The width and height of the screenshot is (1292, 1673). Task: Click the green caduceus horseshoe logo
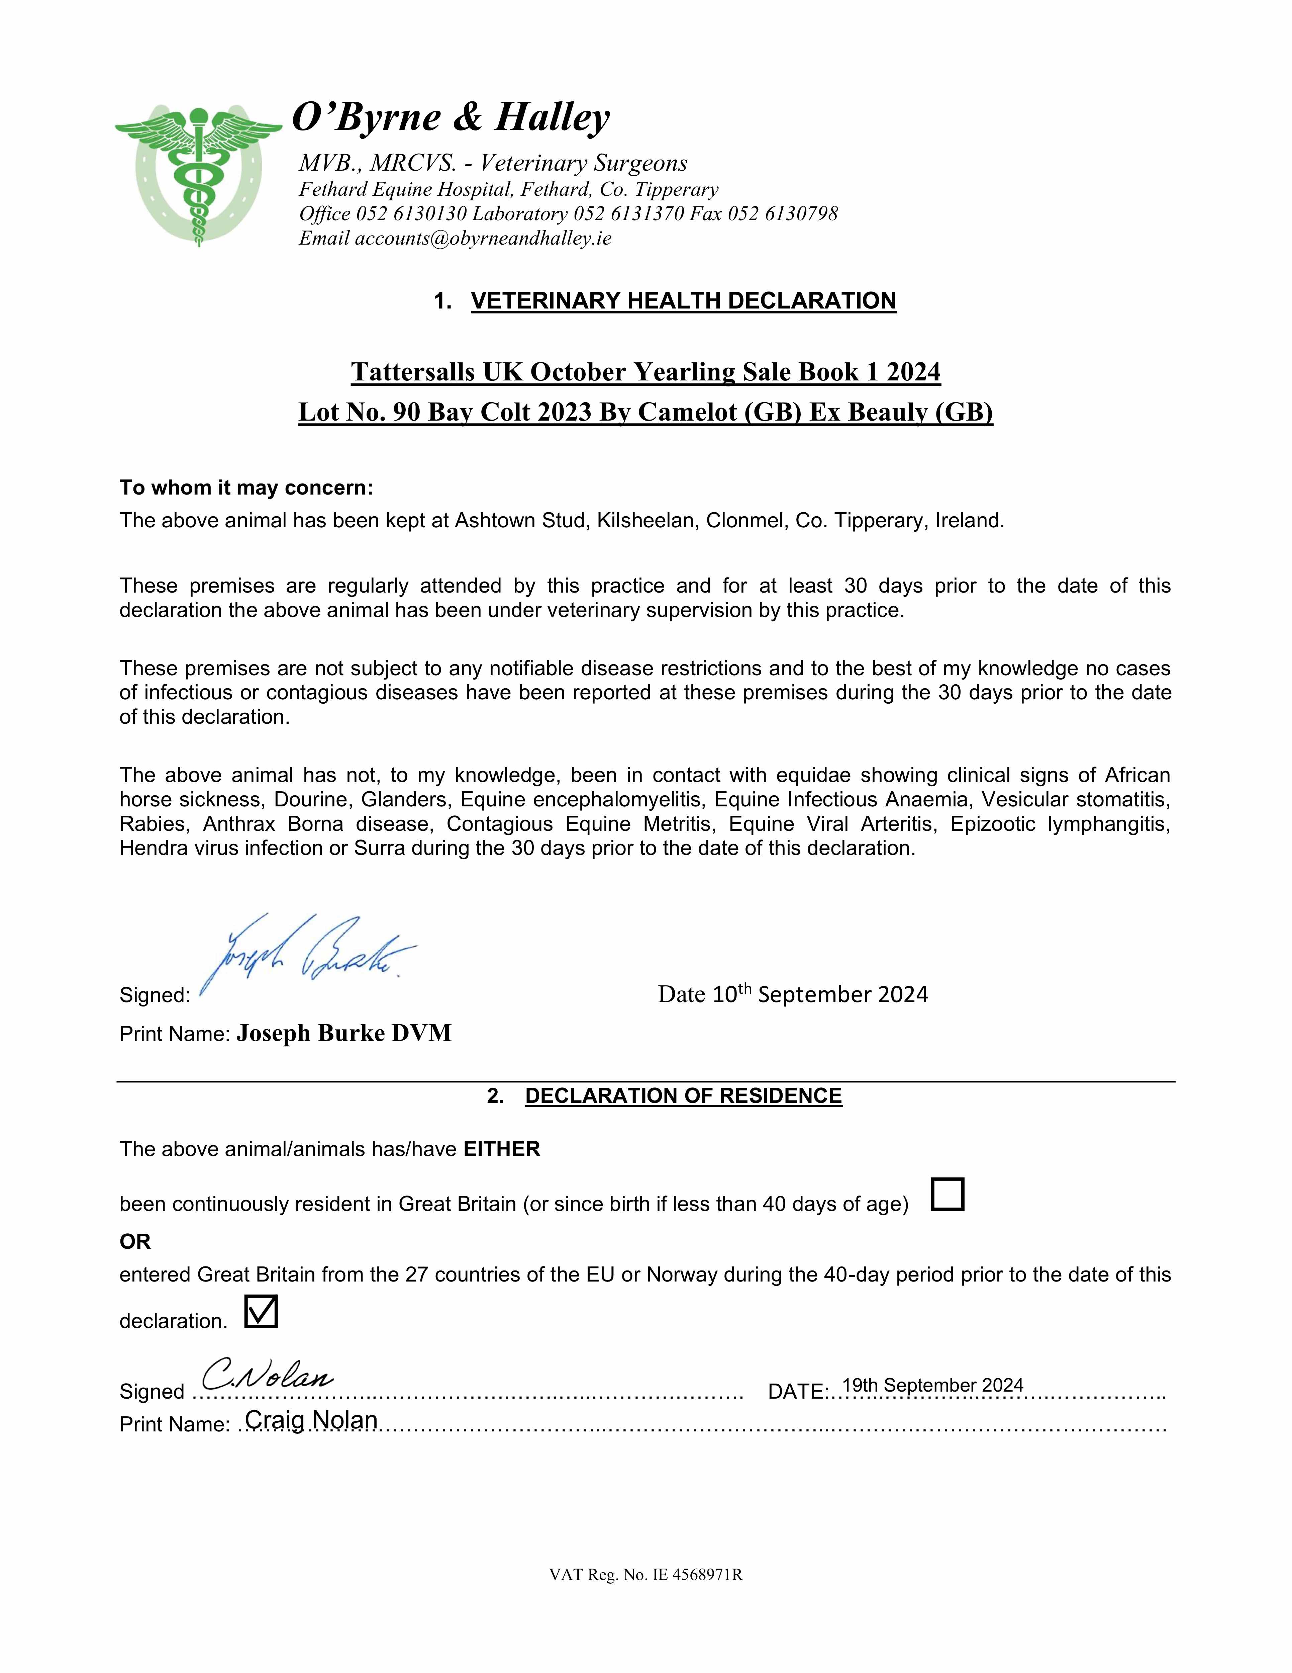pyautogui.click(x=198, y=175)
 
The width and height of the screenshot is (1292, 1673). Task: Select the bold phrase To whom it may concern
pyautogui.click(x=246, y=488)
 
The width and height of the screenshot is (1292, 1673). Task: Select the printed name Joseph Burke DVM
pyautogui.click(x=344, y=1033)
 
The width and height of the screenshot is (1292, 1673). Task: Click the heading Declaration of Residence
pyautogui.click(x=683, y=1096)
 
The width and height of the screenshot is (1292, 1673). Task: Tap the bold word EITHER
pyautogui.click(x=502, y=1149)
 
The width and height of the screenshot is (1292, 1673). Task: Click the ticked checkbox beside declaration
pyautogui.click(x=261, y=1311)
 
